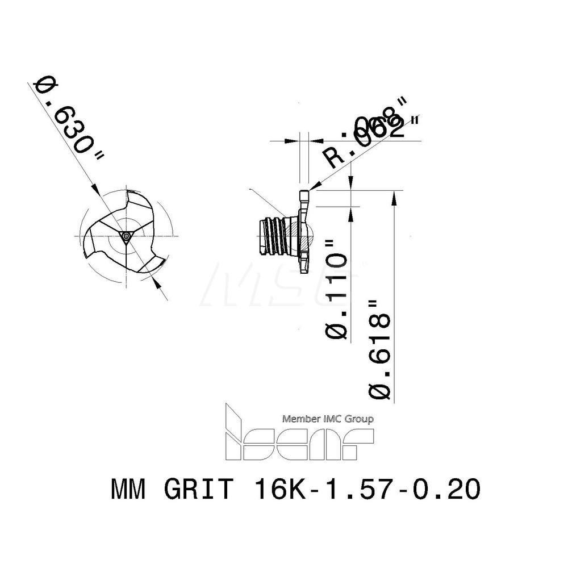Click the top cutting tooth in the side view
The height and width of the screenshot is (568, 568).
pos(304,199)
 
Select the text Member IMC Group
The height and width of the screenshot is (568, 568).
pos(328,419)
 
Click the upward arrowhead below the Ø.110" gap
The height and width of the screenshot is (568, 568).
pos(352,210)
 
